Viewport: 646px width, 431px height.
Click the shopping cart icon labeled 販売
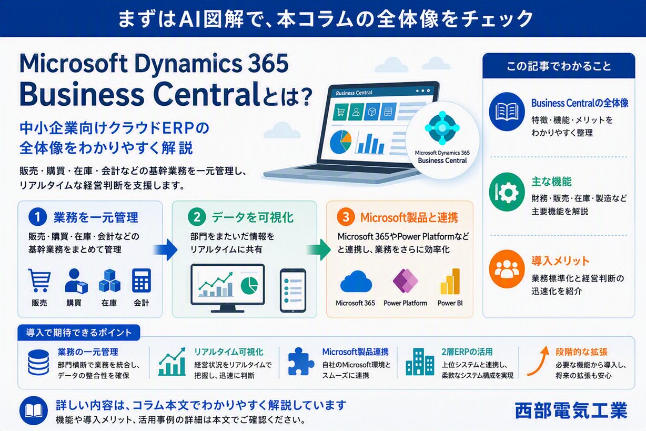39,280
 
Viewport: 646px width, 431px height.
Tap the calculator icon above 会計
142,280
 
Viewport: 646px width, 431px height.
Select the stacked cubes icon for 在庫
109,280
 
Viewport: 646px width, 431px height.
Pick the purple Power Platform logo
406,280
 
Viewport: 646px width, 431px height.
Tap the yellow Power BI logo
450,281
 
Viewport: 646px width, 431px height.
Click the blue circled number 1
37,217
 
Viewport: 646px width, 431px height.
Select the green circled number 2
197,217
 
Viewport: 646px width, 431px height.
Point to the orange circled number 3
346,217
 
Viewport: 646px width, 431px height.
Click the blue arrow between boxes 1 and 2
165,249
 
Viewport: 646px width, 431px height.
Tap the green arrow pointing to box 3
318,249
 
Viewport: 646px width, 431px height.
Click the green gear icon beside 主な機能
507,192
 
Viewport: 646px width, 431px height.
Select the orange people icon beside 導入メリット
507,269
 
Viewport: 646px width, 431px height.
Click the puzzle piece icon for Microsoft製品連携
301,362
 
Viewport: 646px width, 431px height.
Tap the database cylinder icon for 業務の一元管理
38,363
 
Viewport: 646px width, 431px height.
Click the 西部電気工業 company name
571,410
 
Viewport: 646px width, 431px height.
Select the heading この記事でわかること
559,66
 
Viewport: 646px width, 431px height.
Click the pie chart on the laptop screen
340,142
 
